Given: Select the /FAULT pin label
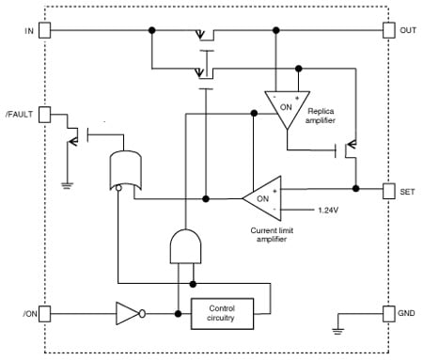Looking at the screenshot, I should click(21, 114).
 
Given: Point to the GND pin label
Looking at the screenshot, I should click(407, 311).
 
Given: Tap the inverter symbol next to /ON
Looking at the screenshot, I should click(128, 312).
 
